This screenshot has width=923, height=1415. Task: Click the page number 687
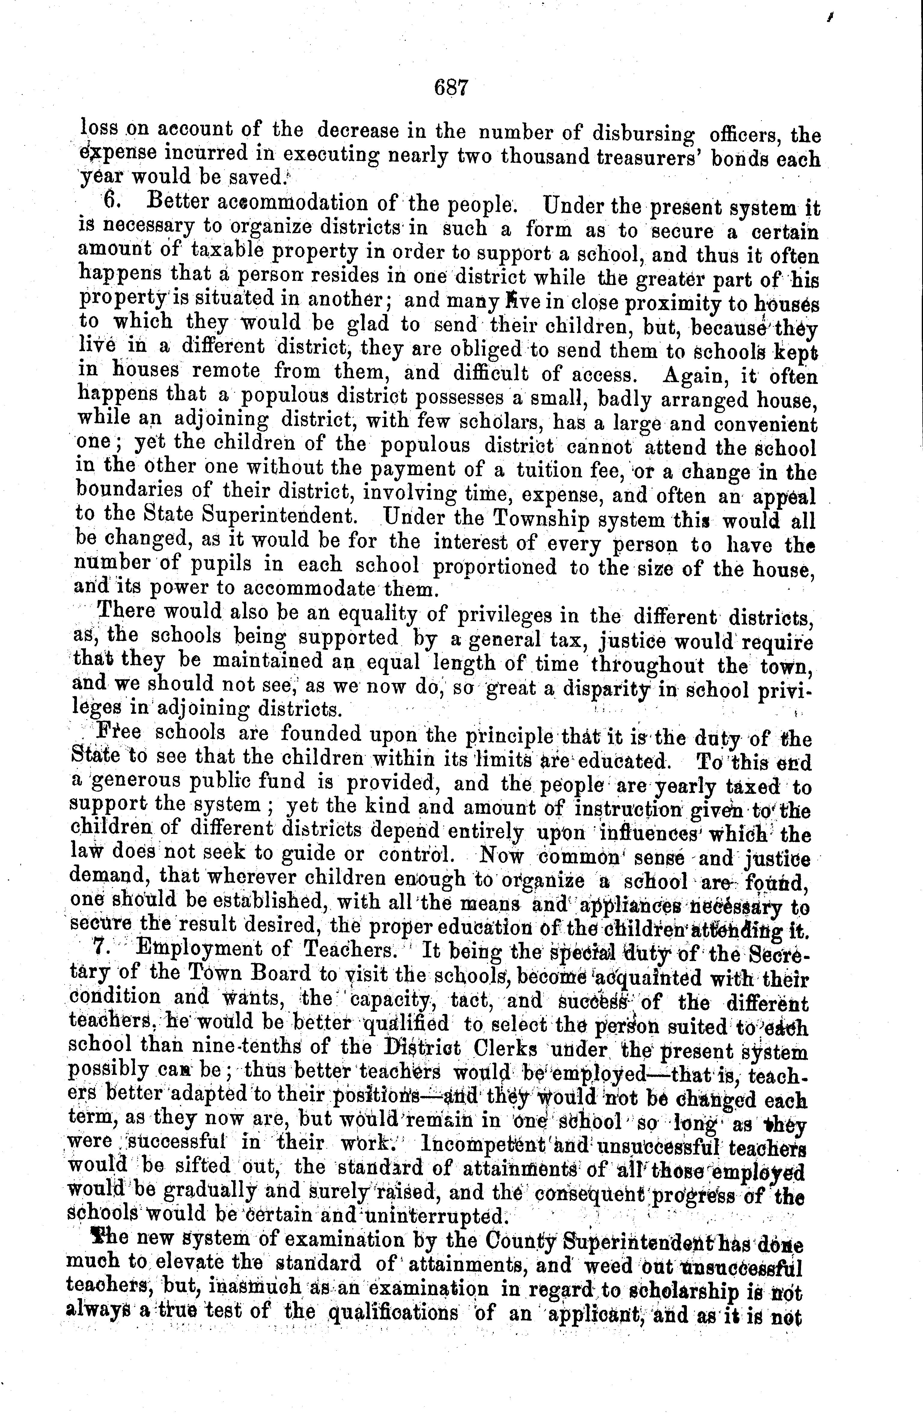452,88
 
